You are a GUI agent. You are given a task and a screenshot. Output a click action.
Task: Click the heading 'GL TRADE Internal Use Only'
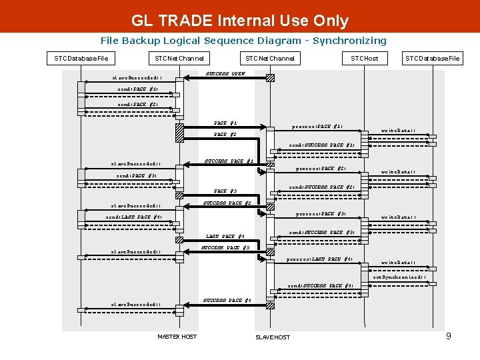(x=240, y=21)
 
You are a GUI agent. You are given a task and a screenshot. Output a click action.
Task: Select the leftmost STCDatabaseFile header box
(x=81, y=58)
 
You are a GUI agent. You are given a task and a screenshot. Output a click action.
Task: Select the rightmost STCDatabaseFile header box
(x=433, y=58)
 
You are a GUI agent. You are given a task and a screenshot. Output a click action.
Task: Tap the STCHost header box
(x=365, y=58)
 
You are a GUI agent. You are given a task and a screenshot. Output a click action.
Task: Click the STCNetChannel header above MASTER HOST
(x=179, y=58)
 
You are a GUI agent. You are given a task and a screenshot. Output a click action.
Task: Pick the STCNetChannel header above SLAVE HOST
(x=270, y=58)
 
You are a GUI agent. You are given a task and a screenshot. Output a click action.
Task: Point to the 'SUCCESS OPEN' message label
(x=225, y=73)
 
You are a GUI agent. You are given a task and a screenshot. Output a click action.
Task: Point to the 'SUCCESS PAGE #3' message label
(x=225, y=248)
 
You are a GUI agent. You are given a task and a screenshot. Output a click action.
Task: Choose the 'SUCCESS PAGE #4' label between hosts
(x=227, y=300)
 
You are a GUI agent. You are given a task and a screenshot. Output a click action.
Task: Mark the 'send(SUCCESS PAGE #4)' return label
(x=321, y=286)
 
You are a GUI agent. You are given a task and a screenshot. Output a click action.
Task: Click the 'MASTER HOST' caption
(x=177, y=337)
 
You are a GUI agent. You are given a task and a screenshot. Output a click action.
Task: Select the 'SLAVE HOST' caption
(x=273, y=337)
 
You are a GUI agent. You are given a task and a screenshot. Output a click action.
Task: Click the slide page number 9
(x=449, y=336)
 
